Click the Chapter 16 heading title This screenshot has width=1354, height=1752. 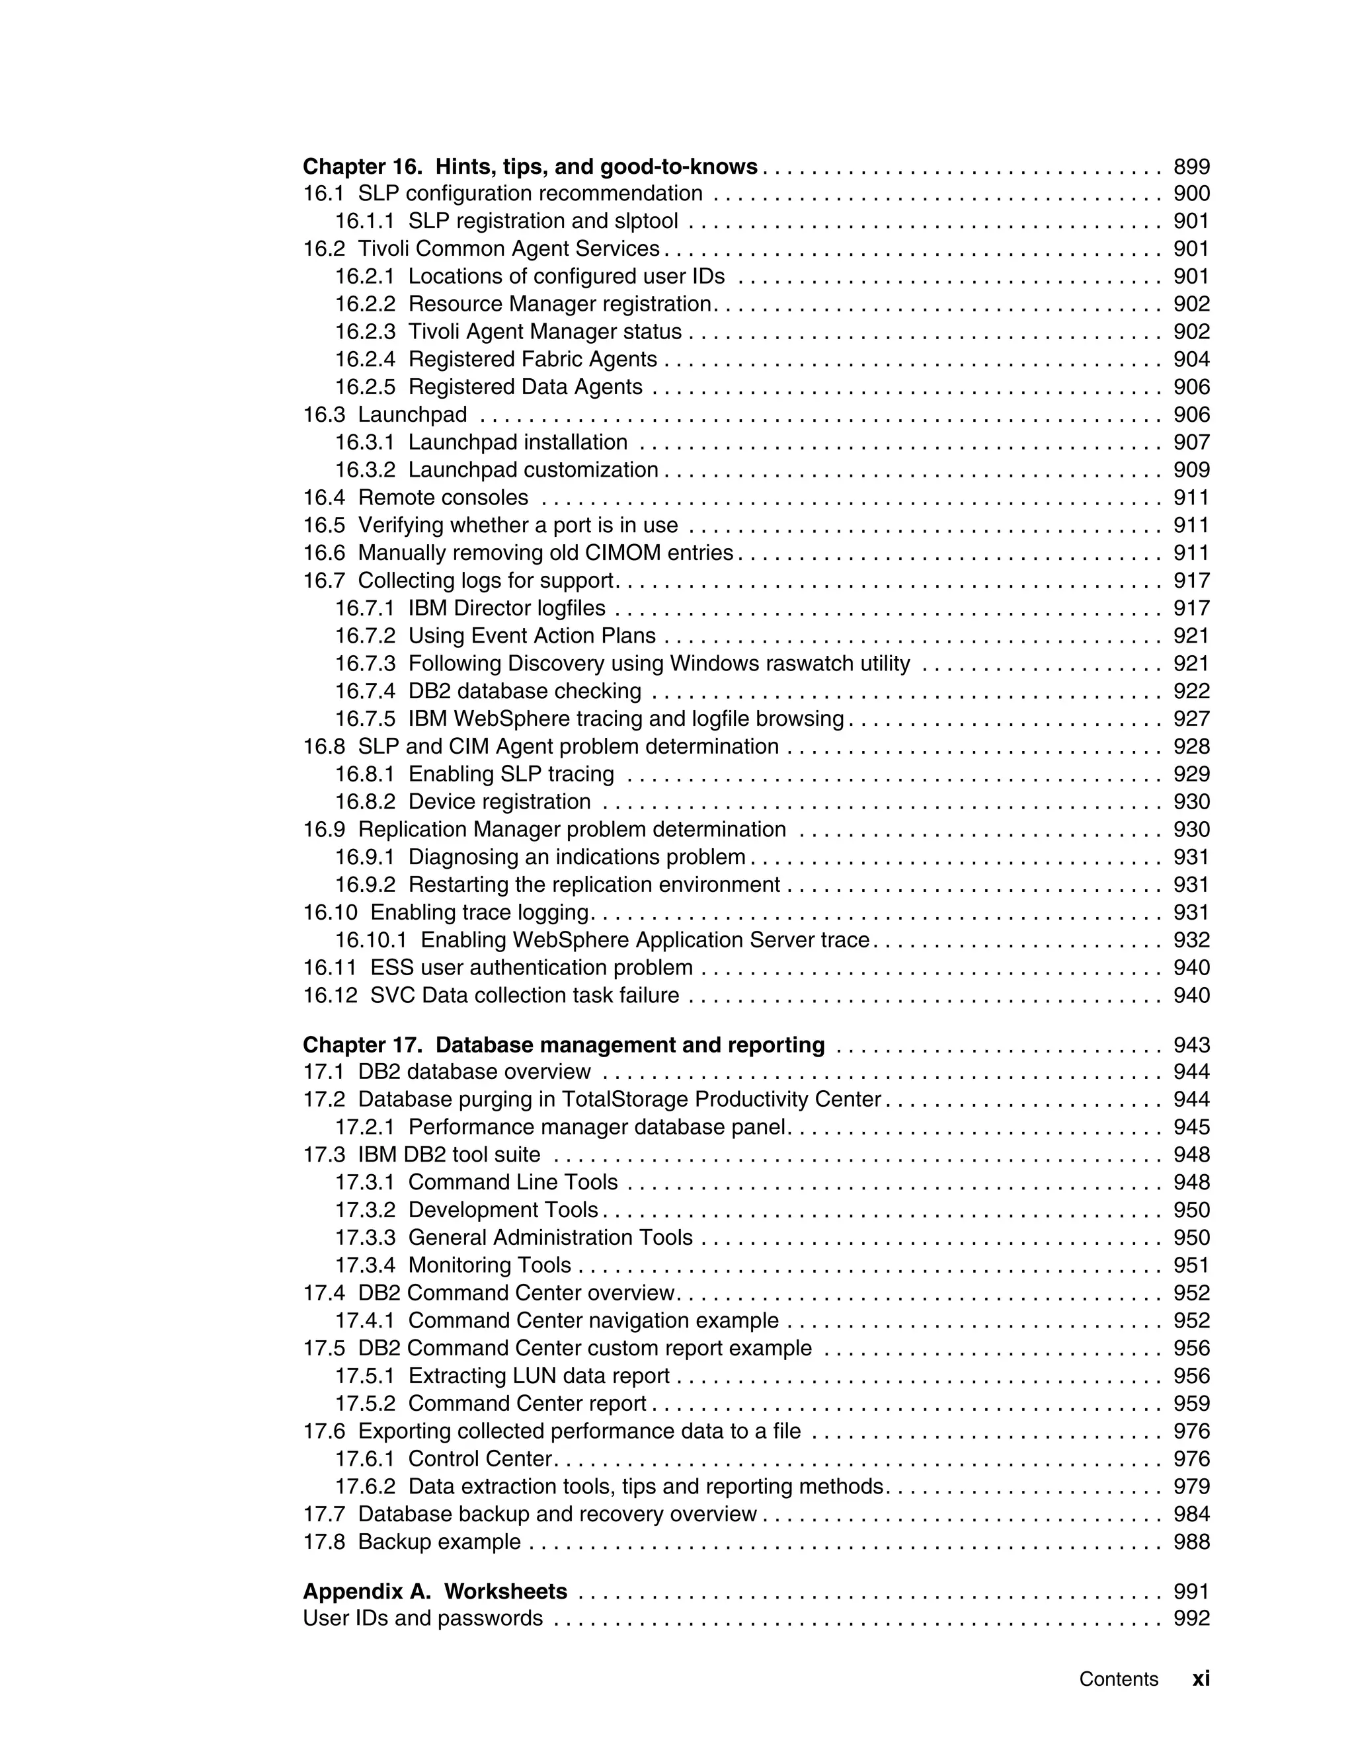coord(530,167)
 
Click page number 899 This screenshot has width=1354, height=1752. coord(1191,167)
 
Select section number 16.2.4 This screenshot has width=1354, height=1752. coord(365,360)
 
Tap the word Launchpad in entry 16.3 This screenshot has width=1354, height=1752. coord(413,415)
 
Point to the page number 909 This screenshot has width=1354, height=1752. coord(1191,470)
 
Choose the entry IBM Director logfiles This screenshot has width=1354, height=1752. coord(506,608)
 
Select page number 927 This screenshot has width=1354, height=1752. coord(1191,719)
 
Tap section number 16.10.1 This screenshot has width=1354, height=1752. coord(371,940)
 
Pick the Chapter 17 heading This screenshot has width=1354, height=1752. coord(563,1045)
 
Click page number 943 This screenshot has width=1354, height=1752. coord(1191,1045)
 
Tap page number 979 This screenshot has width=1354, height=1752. coord(1191,1486)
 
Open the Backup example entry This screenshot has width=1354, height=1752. coord(439,1542)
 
